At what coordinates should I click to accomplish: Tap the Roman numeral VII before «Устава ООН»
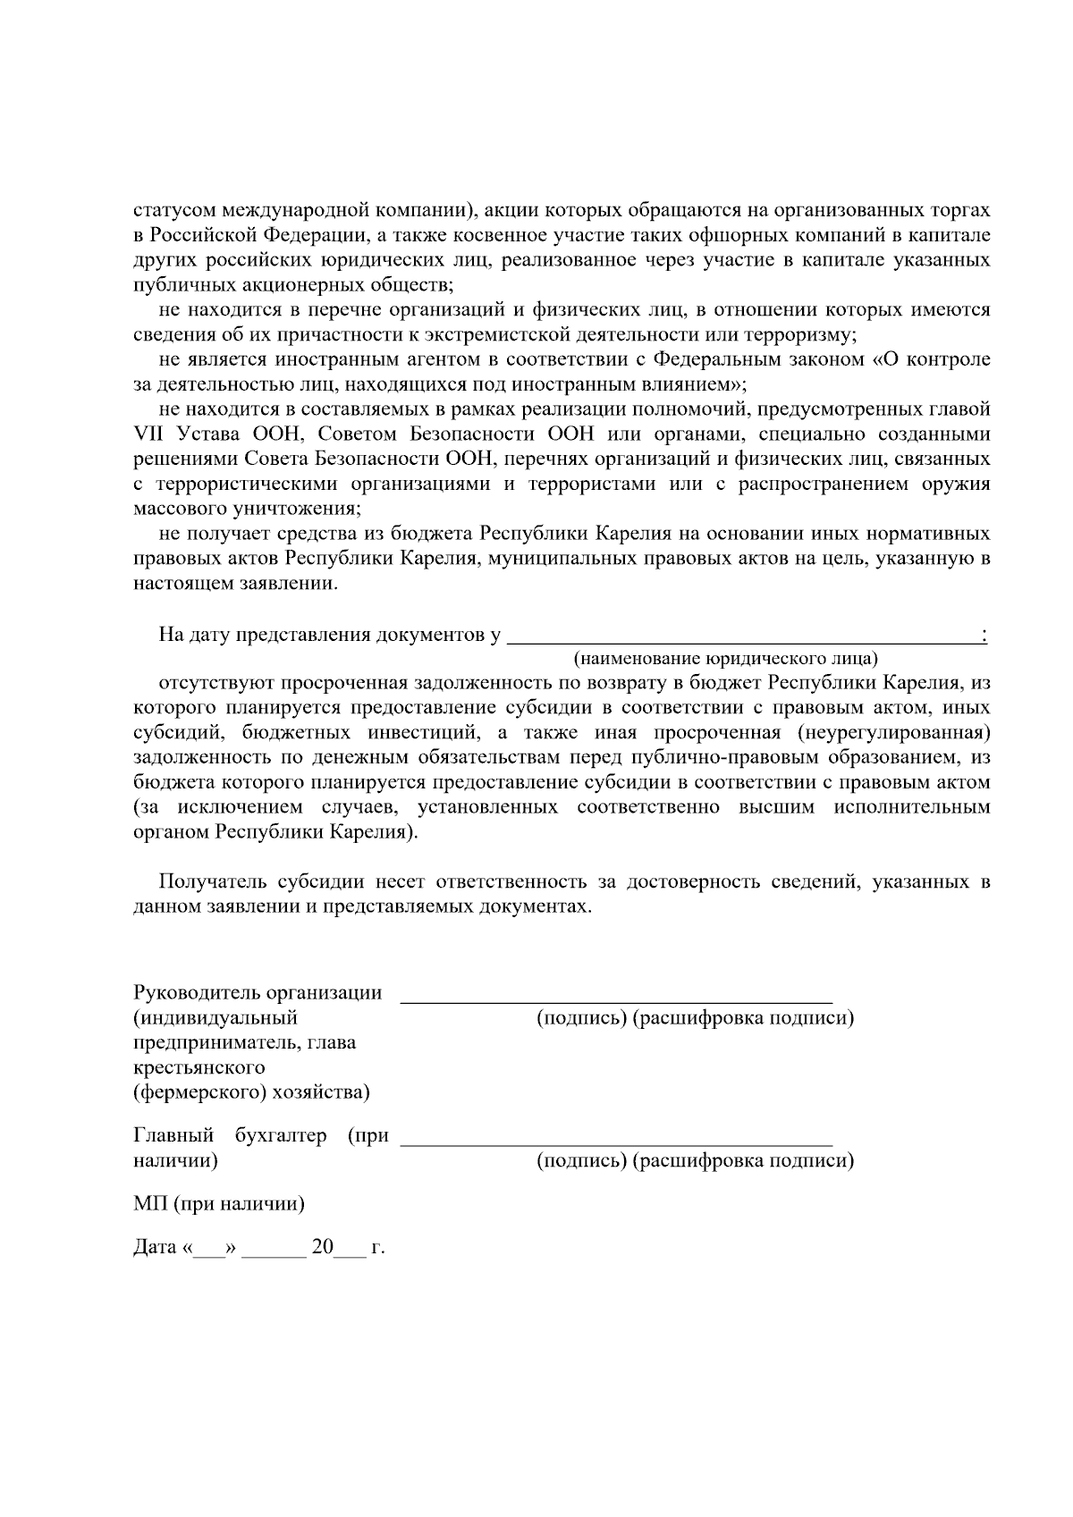point(149,434)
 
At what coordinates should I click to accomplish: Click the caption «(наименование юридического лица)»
point(725,659)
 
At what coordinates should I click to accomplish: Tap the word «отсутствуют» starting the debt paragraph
point(213,683)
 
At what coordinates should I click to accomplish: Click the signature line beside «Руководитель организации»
point(616,999)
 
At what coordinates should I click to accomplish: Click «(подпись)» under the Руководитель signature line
point(581,1018)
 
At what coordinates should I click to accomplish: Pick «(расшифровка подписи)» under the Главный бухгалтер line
point(743,1161)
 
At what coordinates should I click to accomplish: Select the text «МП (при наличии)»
point(219,1204)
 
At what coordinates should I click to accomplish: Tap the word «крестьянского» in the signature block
point(199,1068)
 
